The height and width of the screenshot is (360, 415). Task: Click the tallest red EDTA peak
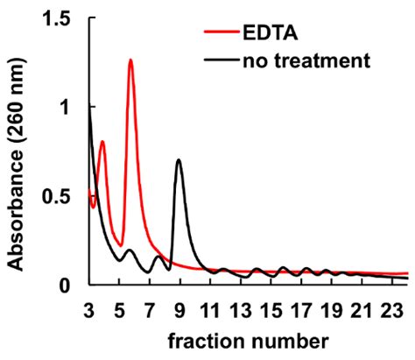click(130, 60)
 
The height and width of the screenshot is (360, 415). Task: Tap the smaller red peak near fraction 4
click(102, 142)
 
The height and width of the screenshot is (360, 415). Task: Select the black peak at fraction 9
click(179, 160)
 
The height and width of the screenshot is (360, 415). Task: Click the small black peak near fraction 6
click(130, 251)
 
